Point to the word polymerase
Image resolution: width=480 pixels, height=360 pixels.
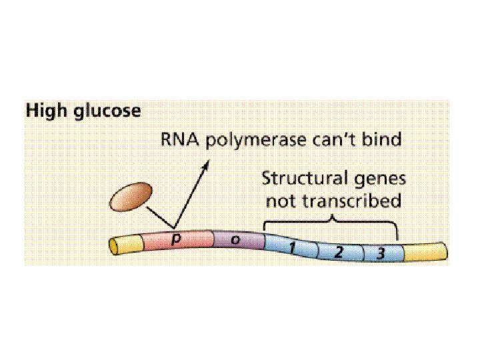click(261, 142)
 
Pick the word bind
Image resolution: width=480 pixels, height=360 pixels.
click(385, 141)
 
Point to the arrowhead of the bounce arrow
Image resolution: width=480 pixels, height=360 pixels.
click(205, 164)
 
